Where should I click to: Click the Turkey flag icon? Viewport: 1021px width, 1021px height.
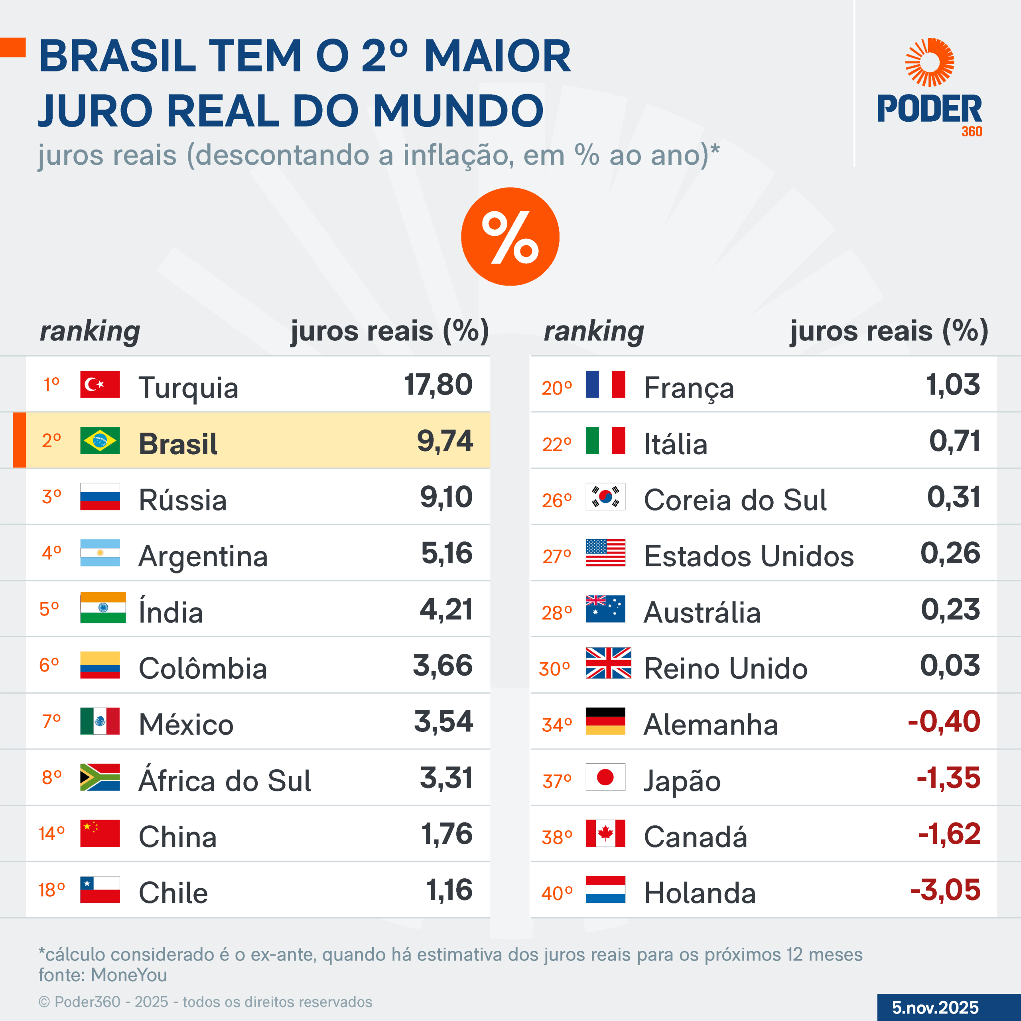[100, 384]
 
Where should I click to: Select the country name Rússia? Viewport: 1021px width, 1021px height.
[182, 500]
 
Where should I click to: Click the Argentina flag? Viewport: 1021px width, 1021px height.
[100, 553]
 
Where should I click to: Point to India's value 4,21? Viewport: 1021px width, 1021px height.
[446, 609]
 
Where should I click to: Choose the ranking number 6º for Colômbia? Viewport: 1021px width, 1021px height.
[49, 665]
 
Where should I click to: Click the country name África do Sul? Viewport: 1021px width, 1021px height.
[225, 781]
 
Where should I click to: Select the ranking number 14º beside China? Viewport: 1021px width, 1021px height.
[51, 834]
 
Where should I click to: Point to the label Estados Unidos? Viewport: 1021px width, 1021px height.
[748, 556]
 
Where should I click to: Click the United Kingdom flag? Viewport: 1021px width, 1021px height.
[608, 663]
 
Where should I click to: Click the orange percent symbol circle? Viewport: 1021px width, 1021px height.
[510, 237]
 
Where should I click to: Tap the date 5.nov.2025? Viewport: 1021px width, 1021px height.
[935, 1007]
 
